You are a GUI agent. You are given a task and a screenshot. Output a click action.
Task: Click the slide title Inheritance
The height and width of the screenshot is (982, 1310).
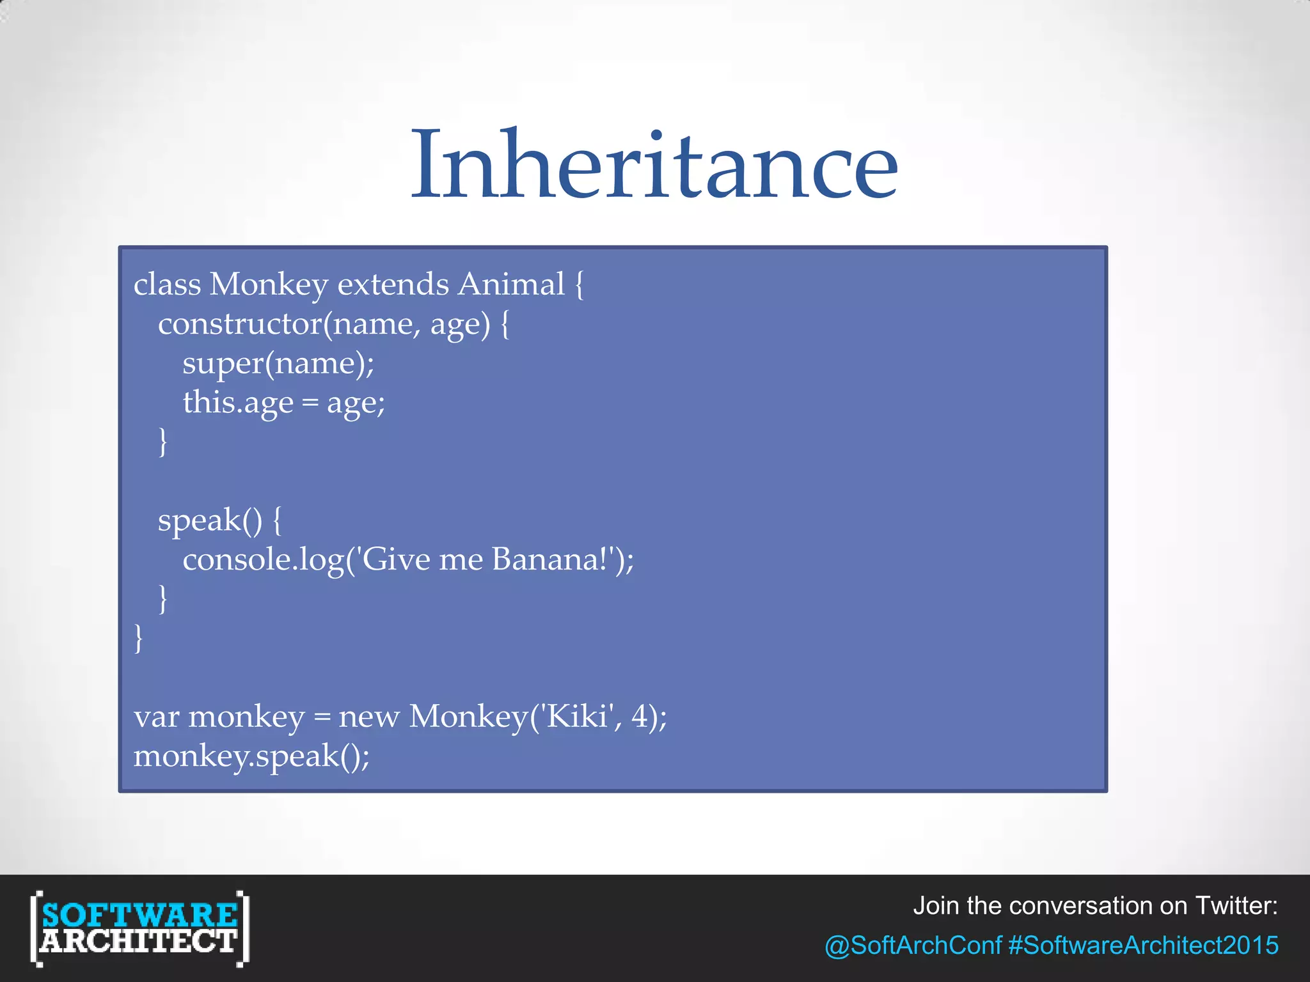tap(654, 164)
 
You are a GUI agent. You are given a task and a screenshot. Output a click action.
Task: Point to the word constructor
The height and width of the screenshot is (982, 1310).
tap(240, 323)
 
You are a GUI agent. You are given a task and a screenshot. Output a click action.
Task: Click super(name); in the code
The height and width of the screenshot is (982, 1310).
tap(278, 363)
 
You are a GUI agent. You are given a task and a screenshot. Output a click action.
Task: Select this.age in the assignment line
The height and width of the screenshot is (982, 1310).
tap(238, 403)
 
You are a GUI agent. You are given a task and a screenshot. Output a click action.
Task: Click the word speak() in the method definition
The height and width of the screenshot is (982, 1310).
tap(210, 520)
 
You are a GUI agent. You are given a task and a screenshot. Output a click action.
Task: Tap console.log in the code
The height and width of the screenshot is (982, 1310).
tap(263, 560)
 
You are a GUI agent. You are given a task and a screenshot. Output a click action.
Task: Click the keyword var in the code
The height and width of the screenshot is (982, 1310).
tap(156, 717)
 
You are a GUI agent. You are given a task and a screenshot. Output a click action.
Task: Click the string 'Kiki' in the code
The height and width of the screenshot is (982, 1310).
tap(578, 716)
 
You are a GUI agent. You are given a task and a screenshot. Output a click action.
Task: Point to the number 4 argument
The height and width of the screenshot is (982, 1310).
tap(640, 716)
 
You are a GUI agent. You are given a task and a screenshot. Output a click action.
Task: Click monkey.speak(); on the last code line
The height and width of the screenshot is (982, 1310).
tap(251, 756)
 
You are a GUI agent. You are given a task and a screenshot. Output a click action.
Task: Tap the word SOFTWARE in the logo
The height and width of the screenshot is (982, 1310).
tap(139, 914)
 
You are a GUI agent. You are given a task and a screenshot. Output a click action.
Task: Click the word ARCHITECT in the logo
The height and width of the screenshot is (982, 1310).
tap(139, 942)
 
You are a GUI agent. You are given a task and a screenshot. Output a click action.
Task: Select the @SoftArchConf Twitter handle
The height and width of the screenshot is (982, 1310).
tap(913, 945)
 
